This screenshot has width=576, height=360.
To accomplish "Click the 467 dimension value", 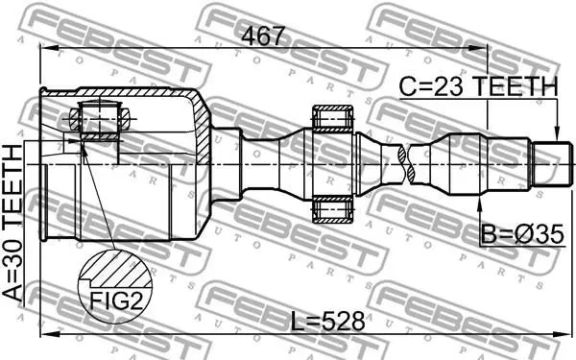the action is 263,36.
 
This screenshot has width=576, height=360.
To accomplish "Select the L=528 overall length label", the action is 327,321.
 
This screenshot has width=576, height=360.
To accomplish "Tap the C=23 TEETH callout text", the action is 478,86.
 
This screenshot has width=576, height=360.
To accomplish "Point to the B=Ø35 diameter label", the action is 522,234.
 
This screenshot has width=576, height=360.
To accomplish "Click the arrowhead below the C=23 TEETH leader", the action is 557,134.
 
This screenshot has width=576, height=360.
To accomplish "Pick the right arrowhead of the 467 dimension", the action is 479,48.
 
